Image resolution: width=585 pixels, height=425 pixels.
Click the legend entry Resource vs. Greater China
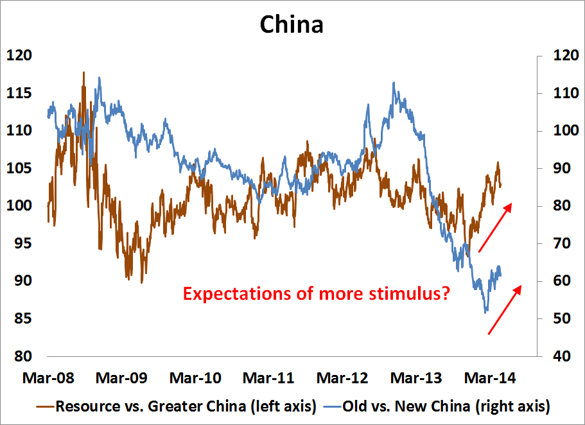click(185, 406)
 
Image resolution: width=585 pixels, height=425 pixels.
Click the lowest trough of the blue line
click(486, 312)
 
